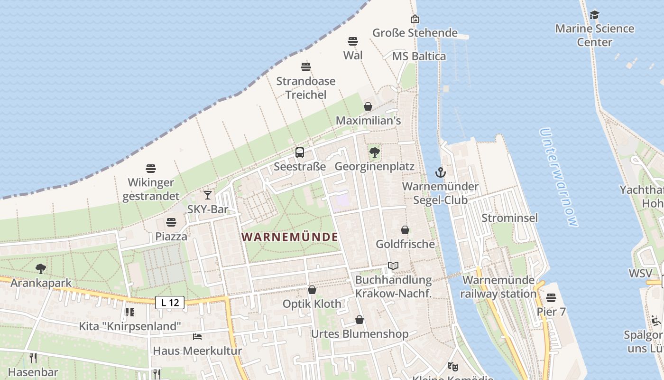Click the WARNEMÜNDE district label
coord(290,237)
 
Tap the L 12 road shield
coord(170,302)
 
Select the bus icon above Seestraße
coord(300,152)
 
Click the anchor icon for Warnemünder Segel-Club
coord(441,172)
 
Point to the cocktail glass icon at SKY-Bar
coord(208,195)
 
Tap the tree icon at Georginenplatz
coord(375,152)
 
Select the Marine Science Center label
coord(594,35)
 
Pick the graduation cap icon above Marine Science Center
coord(594,15)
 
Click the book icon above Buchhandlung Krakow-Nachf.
coord(393,266)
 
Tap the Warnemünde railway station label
coord(498,287)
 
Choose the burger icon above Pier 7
coord(551,298)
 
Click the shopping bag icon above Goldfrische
coord(405,230)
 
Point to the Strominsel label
coord(510,218)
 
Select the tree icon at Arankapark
coord(41,269)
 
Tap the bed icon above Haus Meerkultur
coord(197,337)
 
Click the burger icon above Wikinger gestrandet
coord(151,168)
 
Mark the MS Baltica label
coord(419,57)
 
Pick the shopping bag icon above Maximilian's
coord(368,106)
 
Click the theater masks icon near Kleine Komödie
coord(453,366)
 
